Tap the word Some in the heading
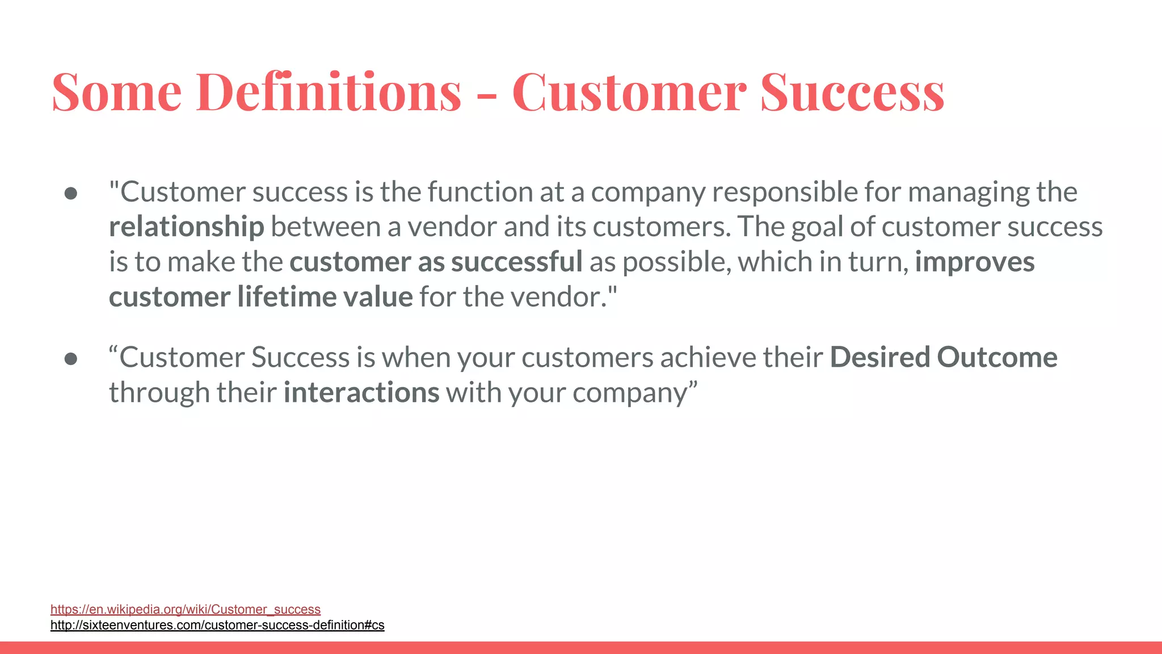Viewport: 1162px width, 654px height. point(116,92)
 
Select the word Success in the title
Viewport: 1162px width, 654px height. point(852,92)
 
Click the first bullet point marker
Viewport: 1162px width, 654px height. point(71,194)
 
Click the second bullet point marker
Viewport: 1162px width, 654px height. point(71,359)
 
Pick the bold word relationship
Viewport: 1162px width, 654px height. point(186,227)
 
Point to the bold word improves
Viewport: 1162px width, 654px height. point(974,262)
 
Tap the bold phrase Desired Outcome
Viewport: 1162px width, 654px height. point(943,358)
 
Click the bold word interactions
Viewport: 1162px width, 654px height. point(361,393)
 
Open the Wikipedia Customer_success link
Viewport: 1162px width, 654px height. point(185,609)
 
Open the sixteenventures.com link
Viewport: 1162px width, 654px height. point(217,625)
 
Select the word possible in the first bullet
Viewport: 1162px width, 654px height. point(676,263)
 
